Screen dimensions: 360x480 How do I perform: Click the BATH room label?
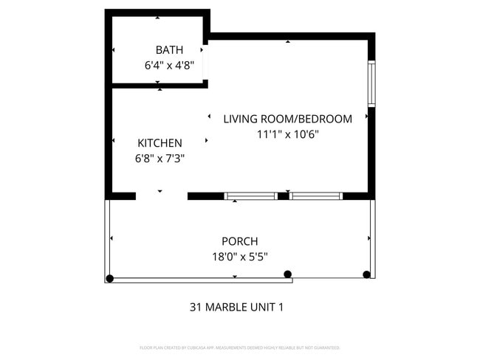click(169, 50)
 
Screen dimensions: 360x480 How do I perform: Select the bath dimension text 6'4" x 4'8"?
click(169, 65)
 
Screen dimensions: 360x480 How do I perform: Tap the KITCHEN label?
click(160, 143)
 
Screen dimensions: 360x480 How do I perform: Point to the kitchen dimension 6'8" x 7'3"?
click(160, 158)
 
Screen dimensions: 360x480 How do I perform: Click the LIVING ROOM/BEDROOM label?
click(287, 119)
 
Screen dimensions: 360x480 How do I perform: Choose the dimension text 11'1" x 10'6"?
click(287, 134)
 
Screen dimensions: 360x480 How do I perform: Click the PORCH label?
click(240, 241)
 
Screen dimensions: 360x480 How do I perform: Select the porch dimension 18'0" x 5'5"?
click(240, 257)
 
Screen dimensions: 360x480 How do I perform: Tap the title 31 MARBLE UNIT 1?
click(236, 307)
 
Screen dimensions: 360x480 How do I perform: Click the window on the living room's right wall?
click(371, 85)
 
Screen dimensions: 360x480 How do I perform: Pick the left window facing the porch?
click(250, 196)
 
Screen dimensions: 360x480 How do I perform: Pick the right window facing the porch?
click(316, 196)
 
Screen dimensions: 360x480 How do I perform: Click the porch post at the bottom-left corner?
click(110, 278)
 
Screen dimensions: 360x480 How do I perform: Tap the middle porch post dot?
click(287, 274)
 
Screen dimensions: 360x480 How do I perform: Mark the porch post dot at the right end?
click(366, 274)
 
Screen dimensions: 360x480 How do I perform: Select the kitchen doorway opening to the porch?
click(161, 196)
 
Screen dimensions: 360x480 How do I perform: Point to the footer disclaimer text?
click(239, 347)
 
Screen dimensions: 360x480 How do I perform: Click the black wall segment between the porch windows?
click(283, 196)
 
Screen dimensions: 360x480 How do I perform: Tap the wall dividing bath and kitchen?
click(159, 85)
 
